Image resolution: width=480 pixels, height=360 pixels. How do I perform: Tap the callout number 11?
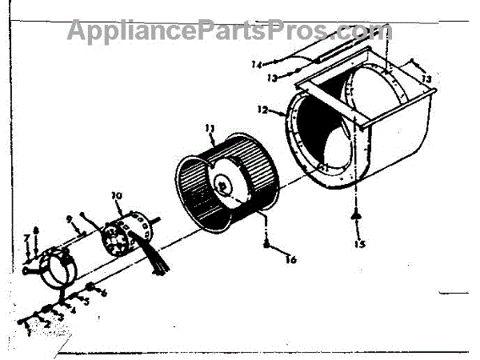pyautogui.click(x=210, y=129)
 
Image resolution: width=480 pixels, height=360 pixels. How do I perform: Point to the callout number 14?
pyautogui.click(x=256, y=64)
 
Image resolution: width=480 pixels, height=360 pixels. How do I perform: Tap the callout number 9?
pyautogui.click(x=71, y=218)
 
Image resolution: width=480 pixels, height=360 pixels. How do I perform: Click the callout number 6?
pyautogui.click(x=103, y=293)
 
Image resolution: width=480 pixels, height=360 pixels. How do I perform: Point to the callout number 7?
pyautogui.click(x=26, y=238)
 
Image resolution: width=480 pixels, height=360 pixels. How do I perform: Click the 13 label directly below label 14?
pyautogui.click(x=272, y=78)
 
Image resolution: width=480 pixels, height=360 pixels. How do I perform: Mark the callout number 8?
pyautogui.click(x=35, y=232)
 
